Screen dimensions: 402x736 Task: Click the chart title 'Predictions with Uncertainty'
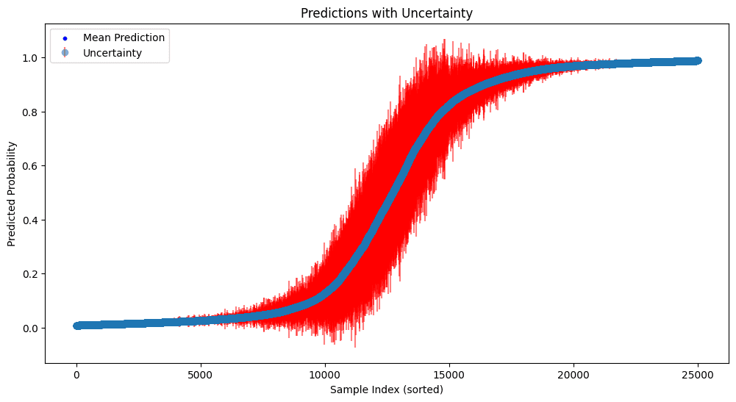387,12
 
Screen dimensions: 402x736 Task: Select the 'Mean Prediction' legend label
124,37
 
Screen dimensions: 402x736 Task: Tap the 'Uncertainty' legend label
112,53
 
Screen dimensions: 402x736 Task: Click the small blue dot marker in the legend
65,37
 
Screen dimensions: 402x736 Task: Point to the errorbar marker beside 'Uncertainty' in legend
65,53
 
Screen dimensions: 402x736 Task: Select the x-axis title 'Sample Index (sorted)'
387,390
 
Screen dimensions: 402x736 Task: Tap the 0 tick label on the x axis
76,374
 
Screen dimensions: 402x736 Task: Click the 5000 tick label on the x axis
201,374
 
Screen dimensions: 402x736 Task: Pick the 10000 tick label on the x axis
325,374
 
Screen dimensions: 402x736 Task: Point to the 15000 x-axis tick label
449,374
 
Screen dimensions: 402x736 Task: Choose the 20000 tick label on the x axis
574,374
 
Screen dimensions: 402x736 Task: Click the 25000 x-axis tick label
698,374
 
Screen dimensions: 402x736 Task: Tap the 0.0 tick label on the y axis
31,329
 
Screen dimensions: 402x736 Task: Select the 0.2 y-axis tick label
31,274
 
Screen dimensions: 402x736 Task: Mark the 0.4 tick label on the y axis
31,220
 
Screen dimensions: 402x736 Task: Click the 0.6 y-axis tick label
31,166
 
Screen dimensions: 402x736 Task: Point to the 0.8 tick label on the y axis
31,112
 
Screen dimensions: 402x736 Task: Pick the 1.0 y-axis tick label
31,58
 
